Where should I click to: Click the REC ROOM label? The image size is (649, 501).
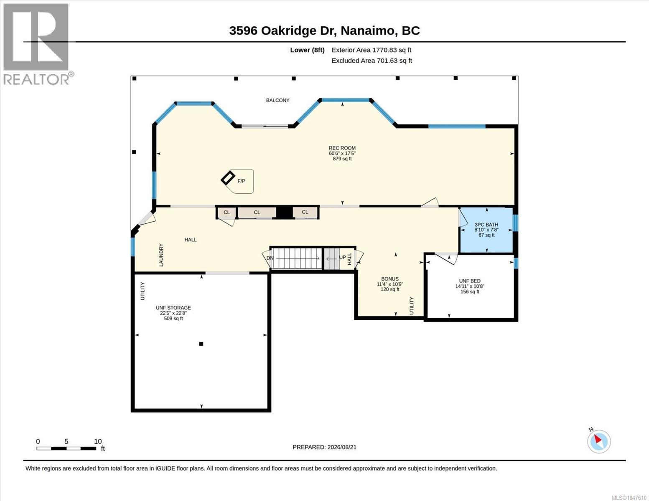tap(342, 148)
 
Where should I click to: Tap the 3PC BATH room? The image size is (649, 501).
tap(486, 230)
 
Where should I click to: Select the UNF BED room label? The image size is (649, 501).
tap(470, 281)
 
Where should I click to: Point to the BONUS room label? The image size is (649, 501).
tap(390, 279)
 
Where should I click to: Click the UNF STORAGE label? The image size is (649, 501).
tap(173, 308)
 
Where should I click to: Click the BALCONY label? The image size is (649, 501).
tap(278, 100)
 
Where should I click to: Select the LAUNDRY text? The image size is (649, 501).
tap(161, 255)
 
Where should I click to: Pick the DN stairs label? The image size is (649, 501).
tap(270, 258)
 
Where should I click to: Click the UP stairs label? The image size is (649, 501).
tap(342, 257)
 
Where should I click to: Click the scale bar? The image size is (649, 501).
tap(66, 448)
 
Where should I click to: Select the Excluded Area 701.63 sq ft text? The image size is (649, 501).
tap(372, 61)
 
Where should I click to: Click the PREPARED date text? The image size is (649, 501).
tap(324, 447)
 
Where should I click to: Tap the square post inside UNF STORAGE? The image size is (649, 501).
tap(201, 344)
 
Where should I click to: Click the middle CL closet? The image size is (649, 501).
tap(257, 213)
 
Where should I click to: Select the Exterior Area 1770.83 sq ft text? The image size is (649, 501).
tap(371, 50)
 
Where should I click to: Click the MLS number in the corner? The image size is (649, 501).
tap(629, 498)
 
